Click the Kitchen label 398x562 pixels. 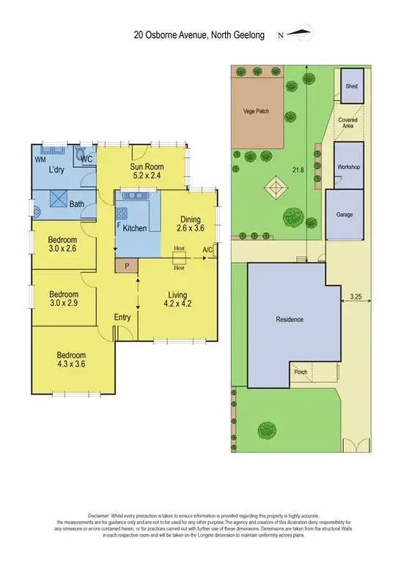[135, 228]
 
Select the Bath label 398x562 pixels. [76, 204]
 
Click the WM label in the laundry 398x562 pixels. [41, 159]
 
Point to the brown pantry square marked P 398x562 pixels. [127, 266]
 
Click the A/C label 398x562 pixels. [209, 251]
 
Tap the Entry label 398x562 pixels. [122, 317]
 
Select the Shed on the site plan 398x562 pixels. [351, 87]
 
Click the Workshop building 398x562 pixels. [348, 167]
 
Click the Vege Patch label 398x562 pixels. [257, 112]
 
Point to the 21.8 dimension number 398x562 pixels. [296, 170]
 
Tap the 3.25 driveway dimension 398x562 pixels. [355, 296]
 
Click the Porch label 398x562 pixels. [301, 371]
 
